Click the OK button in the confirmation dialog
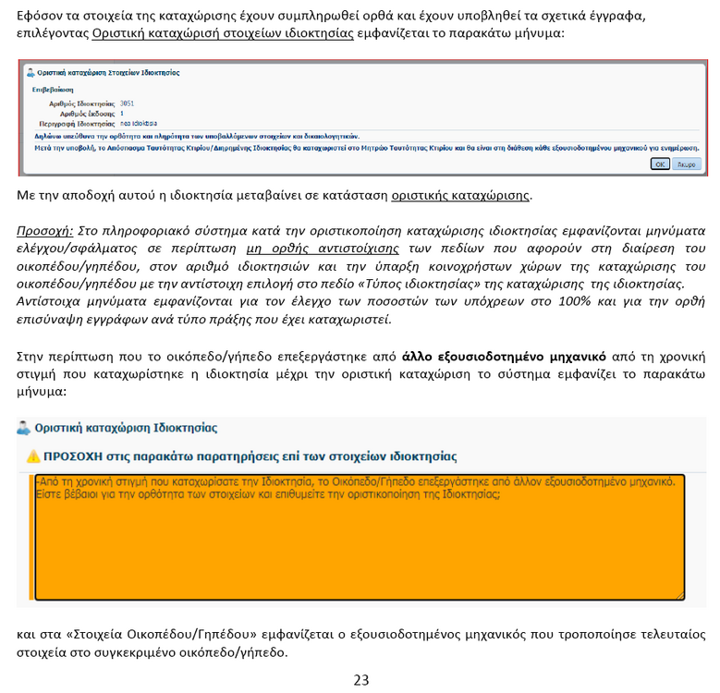pos(660,164)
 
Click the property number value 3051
pos(128,103)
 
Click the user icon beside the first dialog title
pos(31,72)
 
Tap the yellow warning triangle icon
pos(33,456)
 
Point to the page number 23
pos(360,680)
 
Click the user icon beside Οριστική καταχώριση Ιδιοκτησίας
pos(24,428)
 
